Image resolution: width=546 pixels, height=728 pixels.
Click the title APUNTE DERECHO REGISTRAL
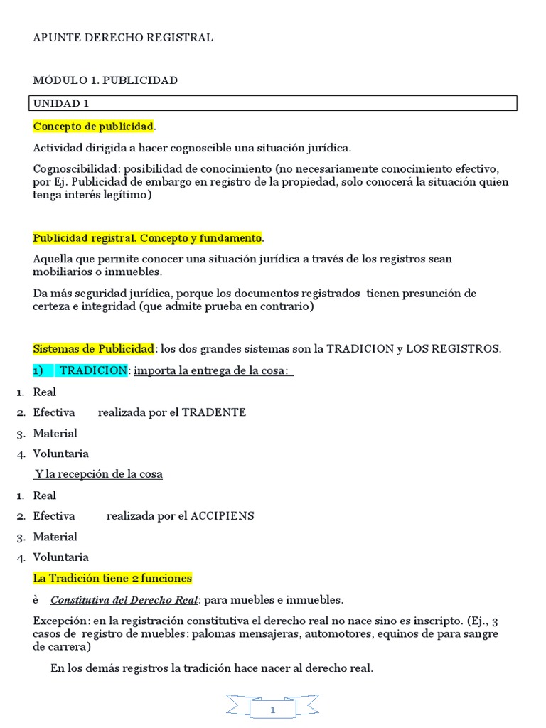123,38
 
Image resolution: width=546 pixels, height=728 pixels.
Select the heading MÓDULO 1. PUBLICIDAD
105,80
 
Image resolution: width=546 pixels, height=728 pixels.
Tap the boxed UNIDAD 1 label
61,104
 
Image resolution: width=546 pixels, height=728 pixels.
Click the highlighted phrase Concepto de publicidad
93,127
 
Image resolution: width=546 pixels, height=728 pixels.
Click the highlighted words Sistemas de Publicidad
93,349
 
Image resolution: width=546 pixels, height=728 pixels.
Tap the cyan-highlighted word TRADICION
92,370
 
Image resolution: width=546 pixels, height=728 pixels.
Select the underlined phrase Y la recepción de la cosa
99,474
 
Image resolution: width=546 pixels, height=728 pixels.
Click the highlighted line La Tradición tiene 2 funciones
112,578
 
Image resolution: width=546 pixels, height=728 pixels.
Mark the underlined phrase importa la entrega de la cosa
211,370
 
